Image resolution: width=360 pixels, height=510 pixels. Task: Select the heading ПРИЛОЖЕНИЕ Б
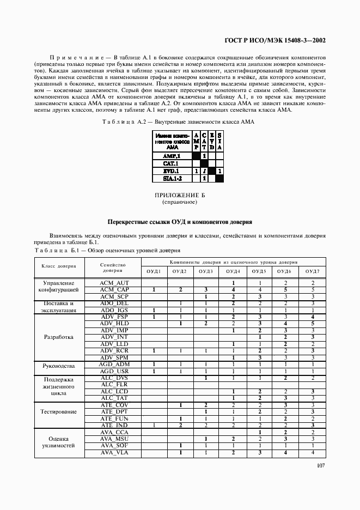(179, 196)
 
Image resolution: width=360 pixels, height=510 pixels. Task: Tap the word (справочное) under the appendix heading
(179, 202)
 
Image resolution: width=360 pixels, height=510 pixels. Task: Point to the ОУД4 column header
(233, 271)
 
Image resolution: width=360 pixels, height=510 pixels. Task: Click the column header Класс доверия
(59, 266)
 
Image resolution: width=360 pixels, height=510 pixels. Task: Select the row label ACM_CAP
(114, 290)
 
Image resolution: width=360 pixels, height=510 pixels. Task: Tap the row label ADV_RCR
(114, 351)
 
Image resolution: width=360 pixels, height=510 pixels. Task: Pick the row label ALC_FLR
(114, 384)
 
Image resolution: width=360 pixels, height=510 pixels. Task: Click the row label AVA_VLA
(114, 452)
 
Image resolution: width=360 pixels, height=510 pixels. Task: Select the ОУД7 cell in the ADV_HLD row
(313, 324)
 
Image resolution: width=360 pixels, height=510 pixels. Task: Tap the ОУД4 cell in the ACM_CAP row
(233, 290)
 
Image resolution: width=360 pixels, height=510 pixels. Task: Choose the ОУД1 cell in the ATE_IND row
(154, 425)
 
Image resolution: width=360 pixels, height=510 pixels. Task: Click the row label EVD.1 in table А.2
(172, 171)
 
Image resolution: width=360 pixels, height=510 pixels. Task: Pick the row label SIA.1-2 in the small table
(172, 178)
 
